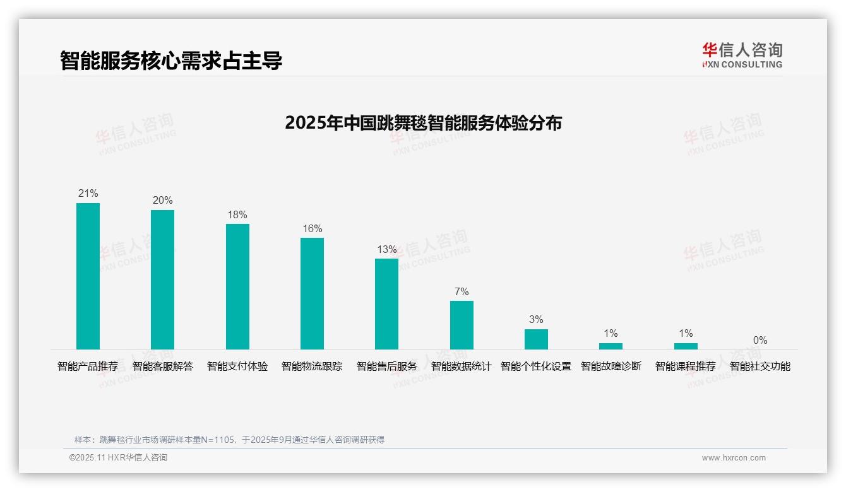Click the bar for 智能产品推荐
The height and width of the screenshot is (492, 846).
pos(88,276)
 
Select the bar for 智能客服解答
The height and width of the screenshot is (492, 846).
pos(162,279)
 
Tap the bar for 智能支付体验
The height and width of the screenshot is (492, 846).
pos(237,286)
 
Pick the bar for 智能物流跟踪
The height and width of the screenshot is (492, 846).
pos(312,293)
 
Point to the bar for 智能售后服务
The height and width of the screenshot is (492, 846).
pos(386,303)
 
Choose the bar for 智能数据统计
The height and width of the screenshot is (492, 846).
pos(462,325)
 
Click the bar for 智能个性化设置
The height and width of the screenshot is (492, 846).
pos(536,339)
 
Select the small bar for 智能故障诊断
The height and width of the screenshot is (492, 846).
pos(611,346)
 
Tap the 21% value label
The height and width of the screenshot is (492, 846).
pos(88,194)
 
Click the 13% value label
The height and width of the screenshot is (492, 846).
pos(386,250)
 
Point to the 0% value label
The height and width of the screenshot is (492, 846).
pos(760,341)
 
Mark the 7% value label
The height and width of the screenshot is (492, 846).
pos(462,292)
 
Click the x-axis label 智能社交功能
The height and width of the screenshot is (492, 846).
pos(760,366)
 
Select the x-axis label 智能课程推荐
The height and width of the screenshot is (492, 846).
pos(686,366)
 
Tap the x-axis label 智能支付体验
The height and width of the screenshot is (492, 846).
pos(237,366)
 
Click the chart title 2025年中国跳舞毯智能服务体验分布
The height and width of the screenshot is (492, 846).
pos(423,122)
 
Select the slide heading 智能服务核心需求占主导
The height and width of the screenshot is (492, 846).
pos(171,61)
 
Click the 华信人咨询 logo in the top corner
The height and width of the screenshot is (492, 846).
pos(742,55)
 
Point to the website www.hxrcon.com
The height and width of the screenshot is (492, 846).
pos(734,458)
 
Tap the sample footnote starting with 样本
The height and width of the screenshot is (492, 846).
pos(229,440)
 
